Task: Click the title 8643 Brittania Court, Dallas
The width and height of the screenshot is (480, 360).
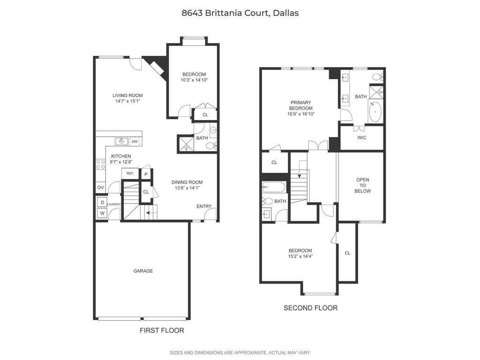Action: [x=240, y=13]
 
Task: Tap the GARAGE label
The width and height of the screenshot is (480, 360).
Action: [x=143, y=271]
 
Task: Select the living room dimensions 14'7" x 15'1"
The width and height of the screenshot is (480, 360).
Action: [x=127, y=101]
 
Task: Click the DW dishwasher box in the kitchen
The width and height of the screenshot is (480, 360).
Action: [x=135, y=142]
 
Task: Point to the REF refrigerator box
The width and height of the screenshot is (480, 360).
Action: [x=130, y=173]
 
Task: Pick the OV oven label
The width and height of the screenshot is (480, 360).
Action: [x=100, y=187]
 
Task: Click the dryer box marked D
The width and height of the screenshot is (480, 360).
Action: [x=102, y=202]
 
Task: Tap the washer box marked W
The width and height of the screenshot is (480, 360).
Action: [x=102, y=213]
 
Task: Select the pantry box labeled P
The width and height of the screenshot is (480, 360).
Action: [x=146, y=174]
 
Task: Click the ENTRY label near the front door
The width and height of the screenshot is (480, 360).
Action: [x=204, y=206]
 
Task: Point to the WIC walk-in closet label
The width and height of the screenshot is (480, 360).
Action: [x=361, y=138]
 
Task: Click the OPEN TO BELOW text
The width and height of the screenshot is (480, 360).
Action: [x=363, y=185]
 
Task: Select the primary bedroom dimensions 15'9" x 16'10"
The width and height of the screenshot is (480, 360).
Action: [x=300, y=114]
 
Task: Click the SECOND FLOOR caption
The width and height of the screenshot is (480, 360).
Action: [x=310, y=308]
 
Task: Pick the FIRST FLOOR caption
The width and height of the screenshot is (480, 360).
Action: [x=162, y=330]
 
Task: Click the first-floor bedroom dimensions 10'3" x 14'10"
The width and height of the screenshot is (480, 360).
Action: [x=194, y=80]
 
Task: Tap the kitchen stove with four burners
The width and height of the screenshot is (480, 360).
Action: [x=100, y=164]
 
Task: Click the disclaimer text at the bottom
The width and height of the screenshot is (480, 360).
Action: [x=240, y=352]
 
